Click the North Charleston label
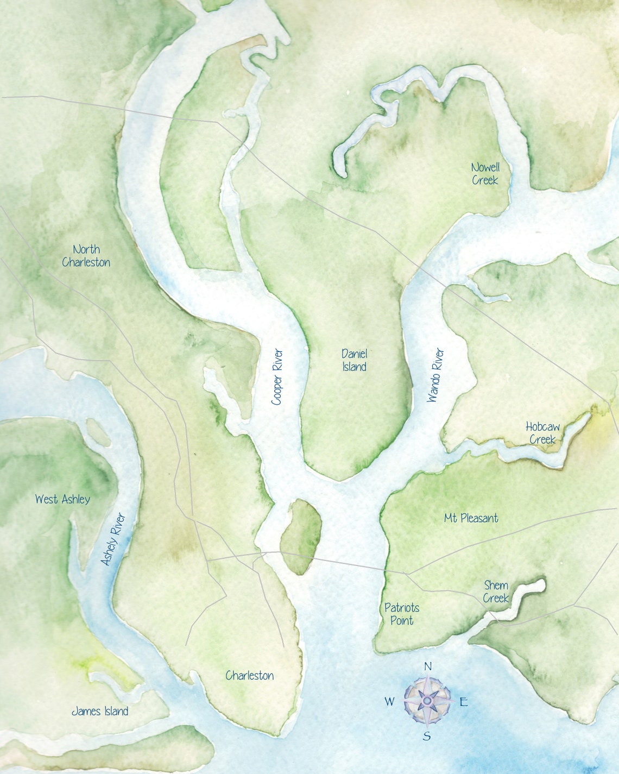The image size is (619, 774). (86, 256)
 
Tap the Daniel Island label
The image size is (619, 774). (354, 360)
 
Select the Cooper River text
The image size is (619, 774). (277, 377)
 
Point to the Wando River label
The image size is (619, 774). (435, 375)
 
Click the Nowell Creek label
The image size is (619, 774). (485, 174)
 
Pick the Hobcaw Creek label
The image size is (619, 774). (542, 433)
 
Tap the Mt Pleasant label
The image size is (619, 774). (471, 518)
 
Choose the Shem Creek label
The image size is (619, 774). (496, 591)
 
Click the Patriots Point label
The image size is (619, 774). (402, 614)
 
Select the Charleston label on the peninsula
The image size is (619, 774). (249, 676)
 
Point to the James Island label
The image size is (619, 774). (100, 712)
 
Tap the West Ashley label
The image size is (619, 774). (62, 499)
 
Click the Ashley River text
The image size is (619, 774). (113, 539)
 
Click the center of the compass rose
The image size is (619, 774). (427, 701)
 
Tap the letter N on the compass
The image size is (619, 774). (427, 666)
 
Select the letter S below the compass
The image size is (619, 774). (427, 737)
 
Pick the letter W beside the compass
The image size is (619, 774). (389, 702)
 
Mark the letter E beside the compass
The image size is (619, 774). (464, 702)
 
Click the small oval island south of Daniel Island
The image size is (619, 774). (300, 537)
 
